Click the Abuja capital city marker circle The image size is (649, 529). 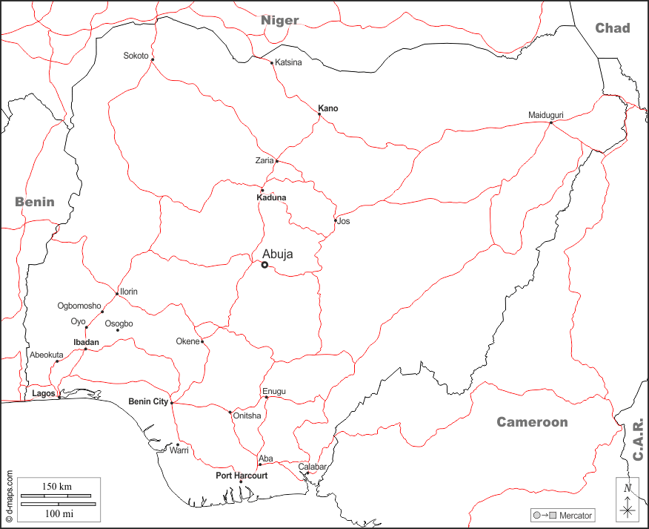(264, 265)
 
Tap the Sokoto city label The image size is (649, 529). (136, 56)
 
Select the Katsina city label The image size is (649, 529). (288, 62)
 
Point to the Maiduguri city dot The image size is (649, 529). (550, 123)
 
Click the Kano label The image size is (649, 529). (328, 108)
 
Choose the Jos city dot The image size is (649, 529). (336, 220)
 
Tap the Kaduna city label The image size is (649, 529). (270, 198)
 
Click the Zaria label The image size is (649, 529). (264, 160)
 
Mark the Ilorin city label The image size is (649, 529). (128, 292)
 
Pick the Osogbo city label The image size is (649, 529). (119, 323)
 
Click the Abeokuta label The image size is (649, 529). (46, 355)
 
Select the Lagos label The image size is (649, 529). (44, 393)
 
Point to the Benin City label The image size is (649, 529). (148, 401)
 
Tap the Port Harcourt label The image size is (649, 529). (242, 475)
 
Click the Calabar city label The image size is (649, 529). (313, 467)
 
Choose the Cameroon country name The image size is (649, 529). (532, 422)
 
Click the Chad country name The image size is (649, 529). (613, 28)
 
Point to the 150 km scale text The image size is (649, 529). (56, 486)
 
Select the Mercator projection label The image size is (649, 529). (576, 515)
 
